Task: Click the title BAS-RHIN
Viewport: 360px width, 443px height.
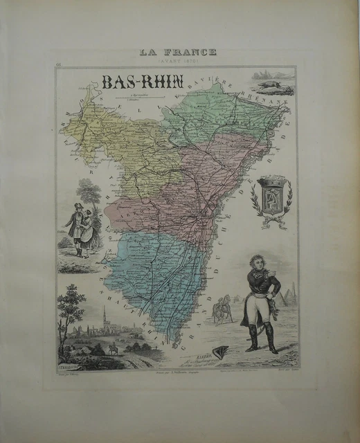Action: point(142,82)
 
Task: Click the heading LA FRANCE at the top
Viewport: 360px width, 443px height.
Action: point(178,52)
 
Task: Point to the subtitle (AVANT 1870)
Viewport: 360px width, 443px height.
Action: point(178,60)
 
